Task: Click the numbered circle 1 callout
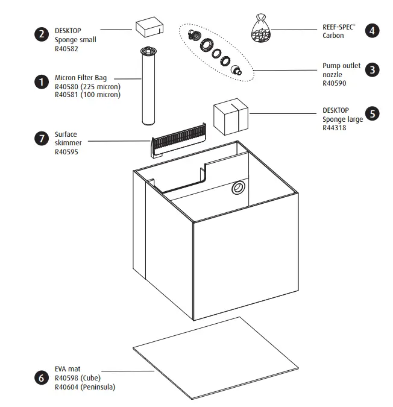point(41,82)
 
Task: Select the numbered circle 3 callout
point(373,69)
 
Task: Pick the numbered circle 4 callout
point(373,30)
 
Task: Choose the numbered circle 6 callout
point(41,378)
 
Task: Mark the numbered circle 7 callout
point(41,138)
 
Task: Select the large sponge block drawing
point(231,117)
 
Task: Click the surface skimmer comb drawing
point(178,137)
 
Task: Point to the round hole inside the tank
point(238,189)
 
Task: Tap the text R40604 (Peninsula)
point(84,386)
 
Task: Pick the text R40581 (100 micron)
point(87,94)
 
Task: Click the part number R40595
point(66,152)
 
